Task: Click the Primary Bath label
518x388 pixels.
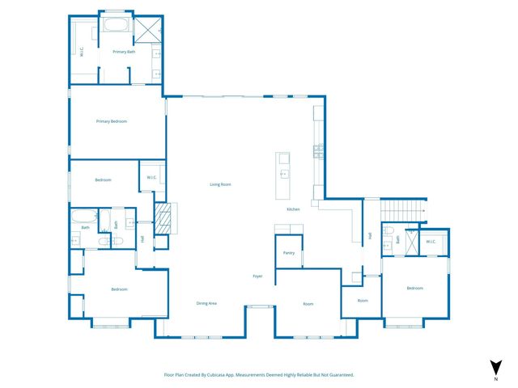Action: [x=124, y=52]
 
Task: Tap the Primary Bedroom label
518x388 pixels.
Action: [x=112, y=121]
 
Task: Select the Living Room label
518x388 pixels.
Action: [x=221, y=184]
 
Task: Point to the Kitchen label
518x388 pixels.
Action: [x=293, y=209]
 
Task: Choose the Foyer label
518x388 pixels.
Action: [x=257, y=276]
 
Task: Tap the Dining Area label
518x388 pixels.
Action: [x=206, y=303]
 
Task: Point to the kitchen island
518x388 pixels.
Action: [x=284, y=175]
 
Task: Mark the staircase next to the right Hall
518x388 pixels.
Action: [x=401, y=209]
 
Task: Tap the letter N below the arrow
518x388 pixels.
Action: [x=495, y=378]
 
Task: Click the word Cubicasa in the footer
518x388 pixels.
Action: [x=221, y=375]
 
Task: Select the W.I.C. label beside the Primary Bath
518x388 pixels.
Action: [x=81, y=52]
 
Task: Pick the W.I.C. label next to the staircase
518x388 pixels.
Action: [x=431, y=241]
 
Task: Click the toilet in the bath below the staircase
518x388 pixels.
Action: [x=388, y=233]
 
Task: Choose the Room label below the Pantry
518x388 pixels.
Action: [x=308, y=304]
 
